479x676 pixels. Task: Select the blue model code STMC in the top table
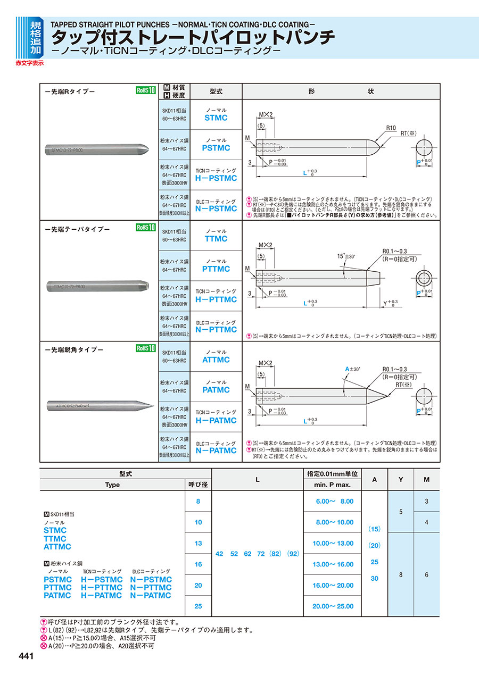click(216, 118)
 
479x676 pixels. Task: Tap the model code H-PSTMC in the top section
click(216, 178)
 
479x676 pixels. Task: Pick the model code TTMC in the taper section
click(216, 239)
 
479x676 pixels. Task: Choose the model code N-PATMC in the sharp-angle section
click(216, 450)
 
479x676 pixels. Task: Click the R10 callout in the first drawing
click(391, 128)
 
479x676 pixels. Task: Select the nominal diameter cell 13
click(198, 543)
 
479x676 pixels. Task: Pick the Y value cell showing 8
click(400, 574)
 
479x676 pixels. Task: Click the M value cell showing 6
click(427, 574)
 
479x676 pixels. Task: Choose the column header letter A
click(375, 479)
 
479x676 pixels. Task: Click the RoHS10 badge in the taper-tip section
click(146, 228)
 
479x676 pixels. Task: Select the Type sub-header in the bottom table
click(112, 485)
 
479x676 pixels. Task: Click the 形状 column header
click(341, 91)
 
